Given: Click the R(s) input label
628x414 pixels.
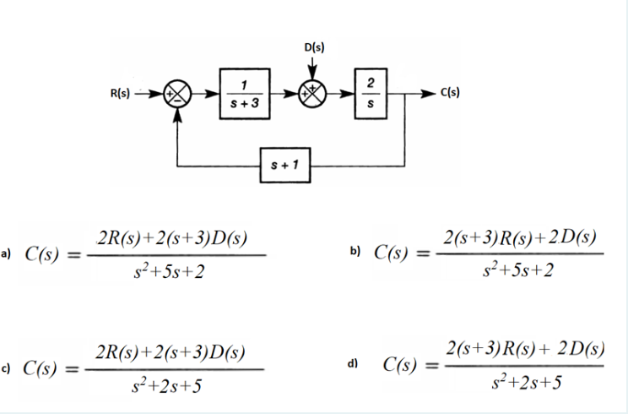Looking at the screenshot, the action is [120, 94].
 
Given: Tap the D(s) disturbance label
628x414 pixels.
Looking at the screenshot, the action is [314, 47].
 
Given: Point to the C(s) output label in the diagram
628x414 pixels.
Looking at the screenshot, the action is [450, 93].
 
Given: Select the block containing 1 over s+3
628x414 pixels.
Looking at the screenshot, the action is [245, 94].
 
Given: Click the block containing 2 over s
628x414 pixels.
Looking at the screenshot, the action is [371, 94].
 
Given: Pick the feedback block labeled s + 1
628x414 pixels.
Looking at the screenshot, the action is [285, 165].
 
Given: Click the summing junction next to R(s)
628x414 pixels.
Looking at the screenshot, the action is [177, 94].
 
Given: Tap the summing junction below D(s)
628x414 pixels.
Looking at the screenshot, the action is [313, 94].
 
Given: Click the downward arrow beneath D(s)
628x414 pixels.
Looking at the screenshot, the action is [313, 68].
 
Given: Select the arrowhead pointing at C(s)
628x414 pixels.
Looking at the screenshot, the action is [428, 94].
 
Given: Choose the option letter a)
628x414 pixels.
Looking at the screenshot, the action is [6, 253].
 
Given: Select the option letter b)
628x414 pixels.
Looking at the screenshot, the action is [355, 251].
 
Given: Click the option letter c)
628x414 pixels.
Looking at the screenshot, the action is [5, 368].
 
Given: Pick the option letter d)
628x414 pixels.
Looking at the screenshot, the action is [353, 363].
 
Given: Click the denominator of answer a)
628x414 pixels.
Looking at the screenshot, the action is [170, 273].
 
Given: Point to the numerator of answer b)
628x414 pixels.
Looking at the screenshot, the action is [520, 237].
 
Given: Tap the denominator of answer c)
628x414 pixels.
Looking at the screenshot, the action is [167, 386].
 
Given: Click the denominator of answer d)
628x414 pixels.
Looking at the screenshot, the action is [526, 383].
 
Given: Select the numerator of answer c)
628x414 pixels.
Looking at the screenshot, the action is [171, 352].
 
